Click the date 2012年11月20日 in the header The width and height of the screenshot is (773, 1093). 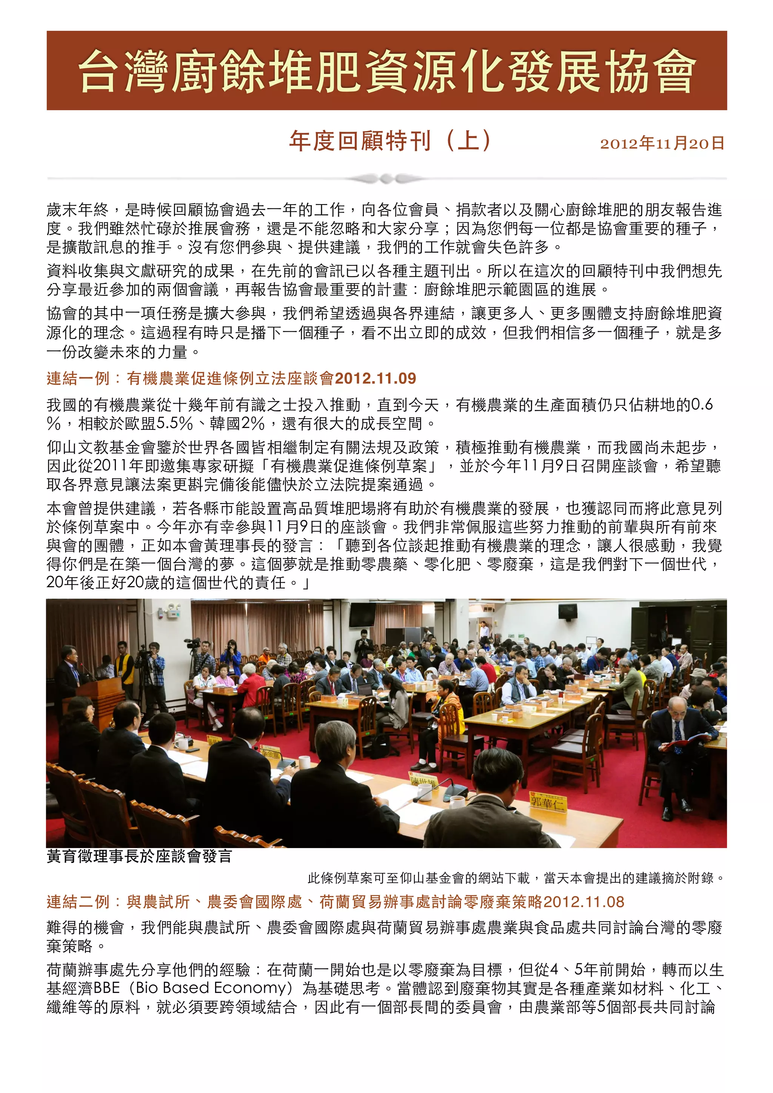[x=662, y=143]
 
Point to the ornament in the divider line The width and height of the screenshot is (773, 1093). [x=386, y=179]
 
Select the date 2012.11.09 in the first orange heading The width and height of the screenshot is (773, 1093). [x=376, y=379]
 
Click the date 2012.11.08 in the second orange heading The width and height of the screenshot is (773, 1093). [x=584, y=902]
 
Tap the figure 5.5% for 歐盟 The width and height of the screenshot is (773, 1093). [x=175, y=423]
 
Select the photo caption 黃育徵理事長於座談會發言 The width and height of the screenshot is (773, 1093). [x=139, y=856]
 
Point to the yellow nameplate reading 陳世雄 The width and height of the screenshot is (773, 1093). [x=423, y=782]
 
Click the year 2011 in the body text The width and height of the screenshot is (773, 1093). [x=108, y=466]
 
